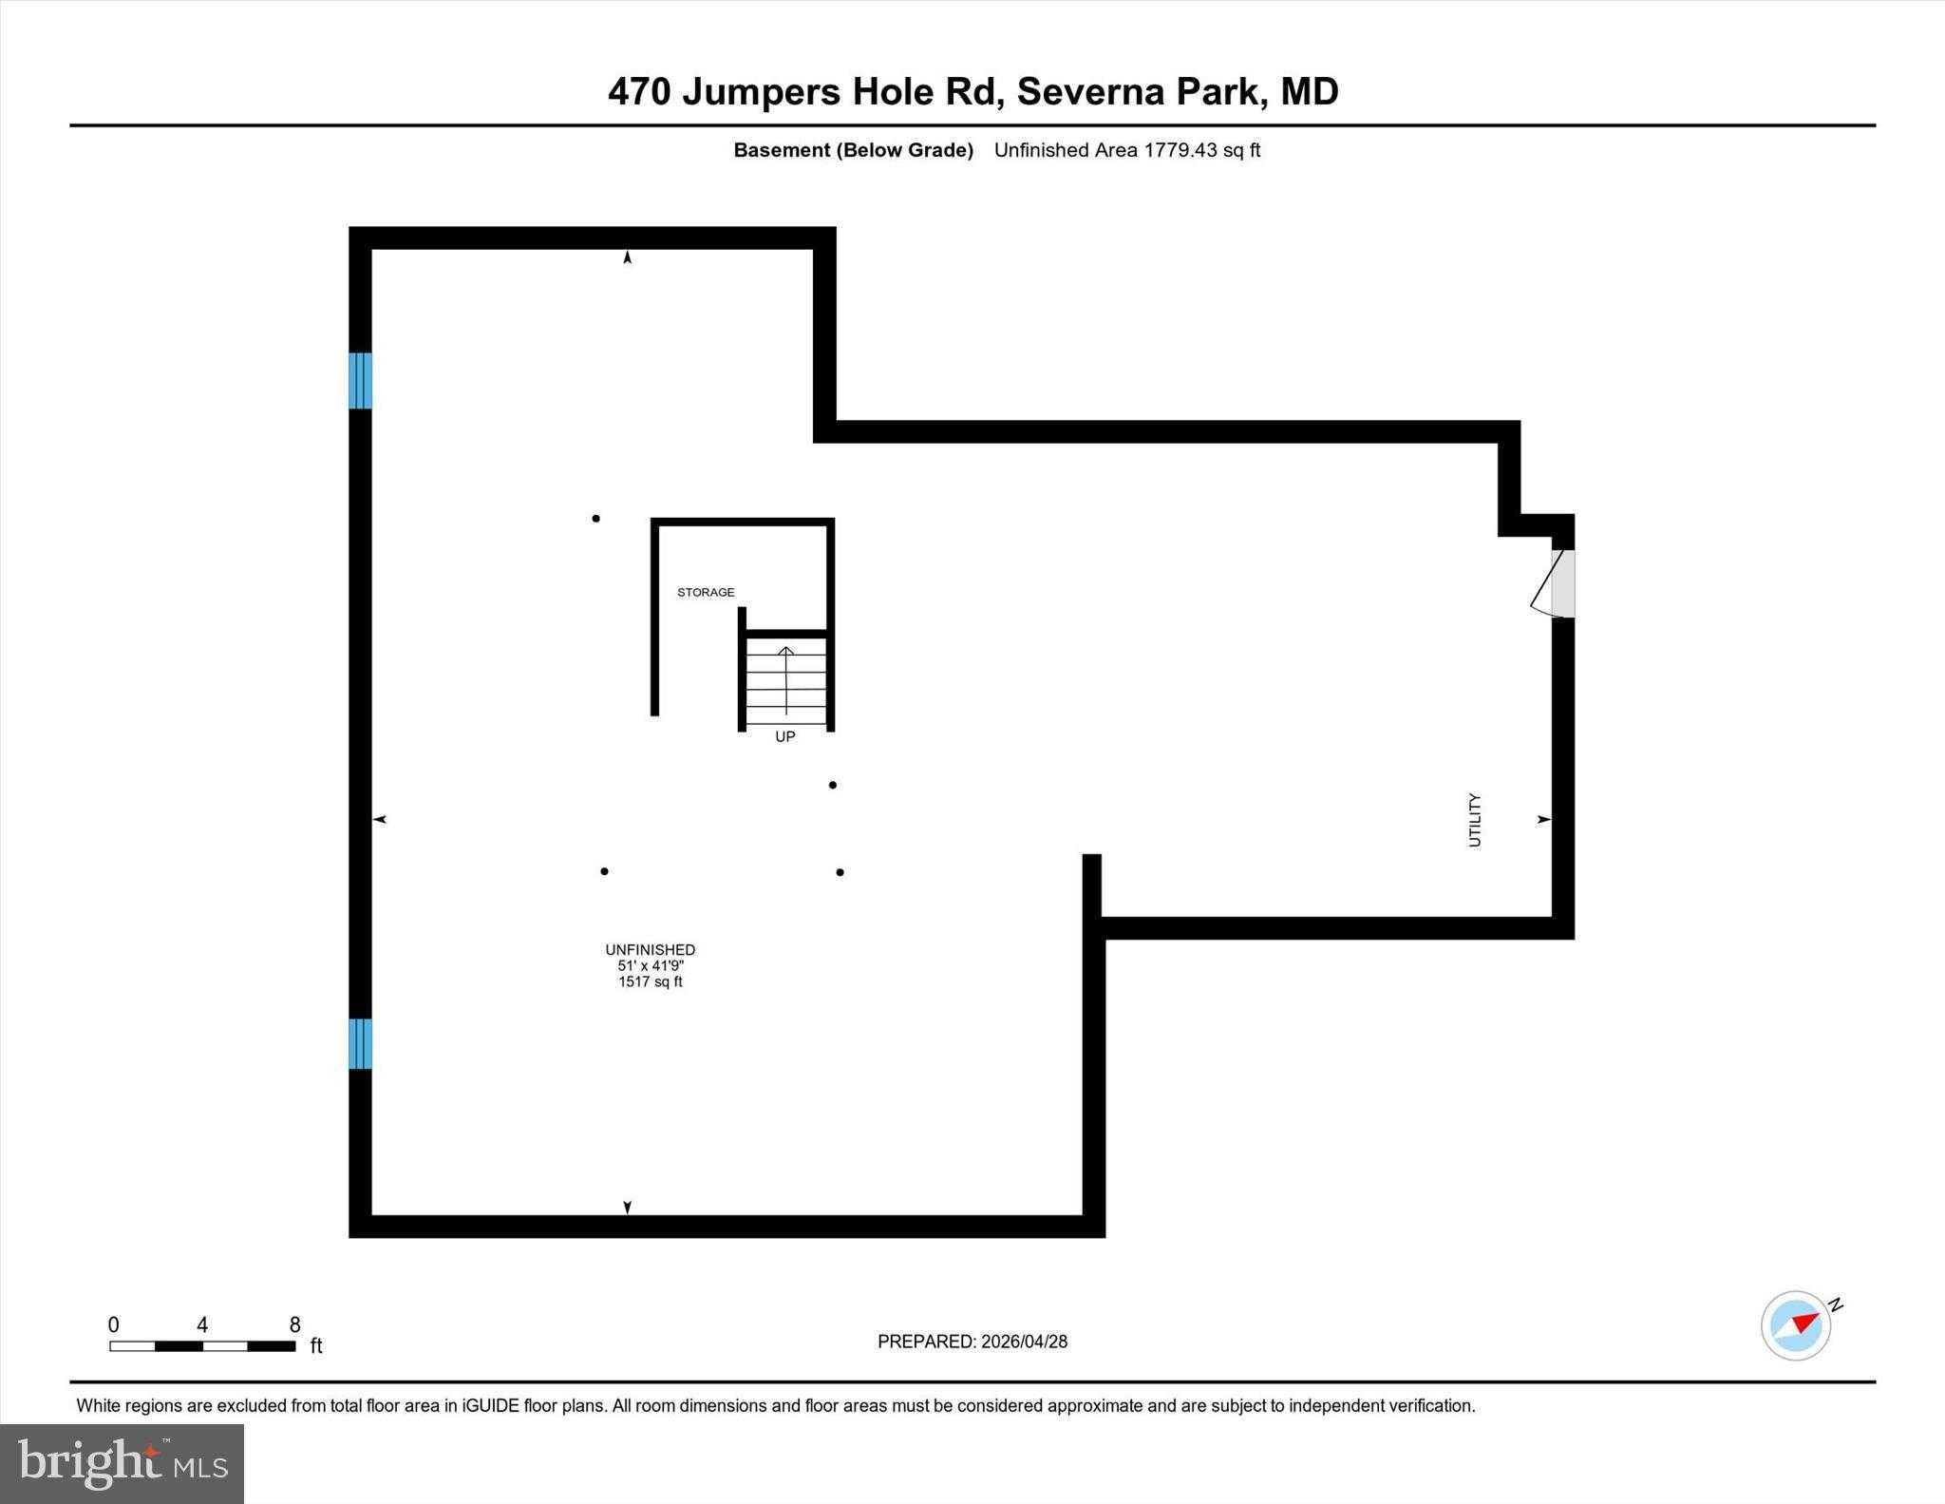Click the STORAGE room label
[x=706, y=593]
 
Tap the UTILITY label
[x=1475, y=820]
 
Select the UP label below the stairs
[x=784, y=737]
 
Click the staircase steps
[x=785, y=679]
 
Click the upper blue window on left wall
[x=360, y=380]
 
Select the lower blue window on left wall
[x=360, y=1043]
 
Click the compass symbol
[x=1797, y=1325]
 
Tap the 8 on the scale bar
[x=294, y=1325]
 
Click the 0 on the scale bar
[x=114, y=1325]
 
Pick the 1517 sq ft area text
[x=651, y=982]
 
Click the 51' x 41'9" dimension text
[x=651, y=966]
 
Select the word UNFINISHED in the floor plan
[x=651, y=950]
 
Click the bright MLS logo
[x=123, y=1463]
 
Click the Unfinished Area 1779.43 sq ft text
[x=1127, y=150]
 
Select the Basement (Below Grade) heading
[x=853, y=150]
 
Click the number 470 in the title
[x=639, y=92]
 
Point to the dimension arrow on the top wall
[x=627, y=257]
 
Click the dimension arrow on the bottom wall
[x=627, y=1207]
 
